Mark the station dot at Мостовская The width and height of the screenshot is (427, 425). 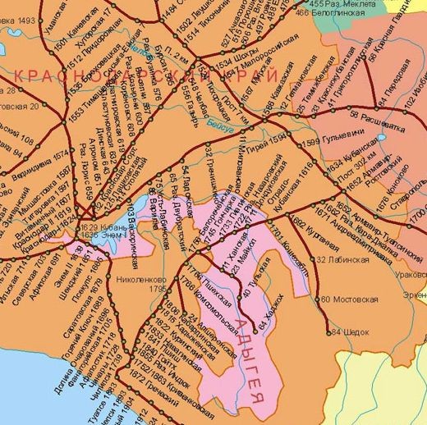pos(315,299)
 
